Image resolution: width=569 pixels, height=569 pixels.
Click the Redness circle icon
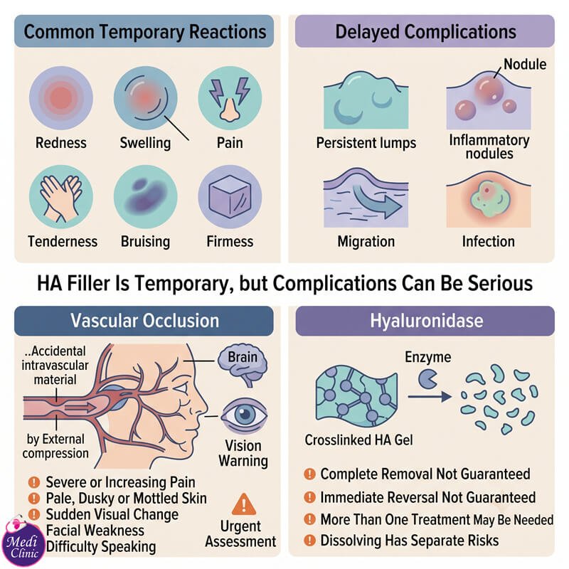[61, 98]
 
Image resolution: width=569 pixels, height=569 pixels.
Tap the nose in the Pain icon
[230, 110]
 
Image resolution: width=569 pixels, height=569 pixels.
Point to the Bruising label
[145, 242]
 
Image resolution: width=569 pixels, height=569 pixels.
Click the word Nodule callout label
[525, 64]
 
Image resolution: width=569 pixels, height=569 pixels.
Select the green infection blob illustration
[488, 199]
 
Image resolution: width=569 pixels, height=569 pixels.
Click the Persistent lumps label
[366, 143]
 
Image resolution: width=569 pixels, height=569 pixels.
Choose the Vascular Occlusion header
[144, 321]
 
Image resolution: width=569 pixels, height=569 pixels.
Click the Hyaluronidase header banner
[425, 321]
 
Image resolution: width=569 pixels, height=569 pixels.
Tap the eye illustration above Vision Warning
[245, 415]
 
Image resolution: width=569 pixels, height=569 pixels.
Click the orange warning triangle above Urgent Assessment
[244, 505]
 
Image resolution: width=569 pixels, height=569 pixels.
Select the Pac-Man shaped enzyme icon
[427, 379]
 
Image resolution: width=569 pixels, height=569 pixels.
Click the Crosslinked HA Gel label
[358, 440]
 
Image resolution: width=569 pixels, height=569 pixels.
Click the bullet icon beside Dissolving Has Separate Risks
[309, 541]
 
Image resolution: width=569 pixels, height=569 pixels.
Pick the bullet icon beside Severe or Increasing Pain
[33, 482]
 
